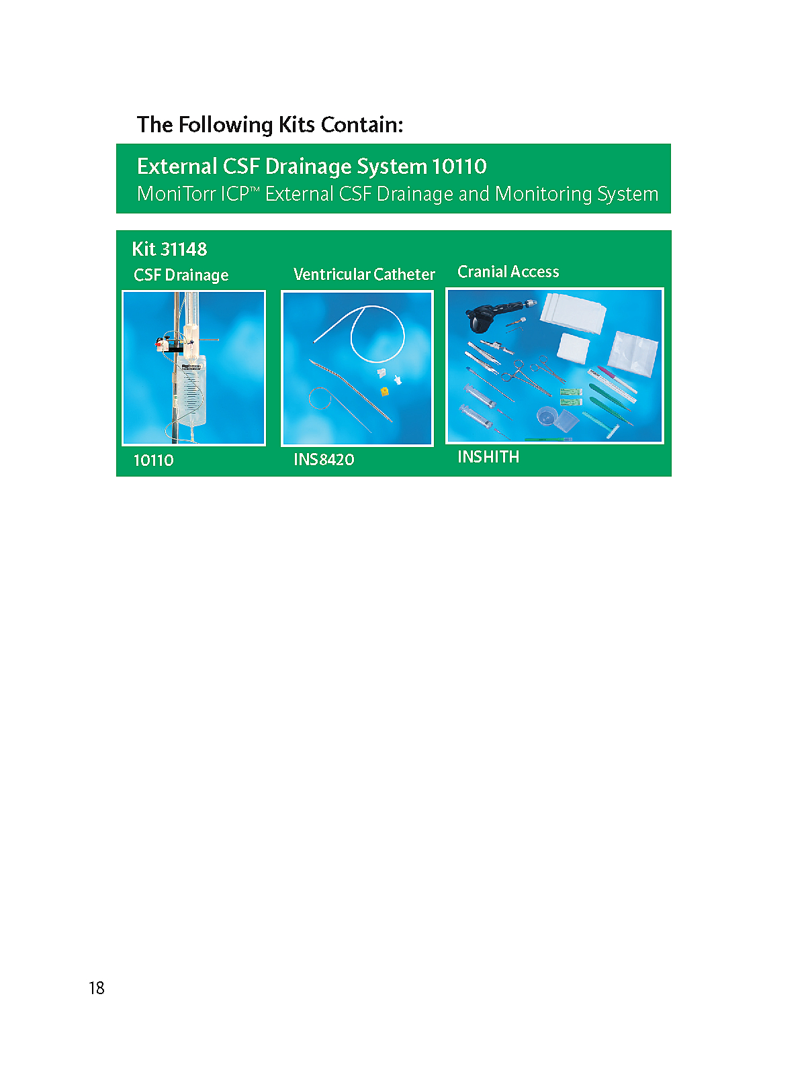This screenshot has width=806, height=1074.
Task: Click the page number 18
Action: [x=97, y=988]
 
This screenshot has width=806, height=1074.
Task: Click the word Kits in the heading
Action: [x=296, y=124]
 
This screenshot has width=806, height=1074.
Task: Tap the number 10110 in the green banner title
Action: [x=459, y=166]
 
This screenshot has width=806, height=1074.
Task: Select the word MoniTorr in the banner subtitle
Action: [x=176, y=194]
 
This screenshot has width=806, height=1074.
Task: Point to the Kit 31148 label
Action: [x=169, y=249]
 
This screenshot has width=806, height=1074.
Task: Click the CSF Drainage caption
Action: [x=181, y=275]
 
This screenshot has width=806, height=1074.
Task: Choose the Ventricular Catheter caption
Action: [x=364, y=274]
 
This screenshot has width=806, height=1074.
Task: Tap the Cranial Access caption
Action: [x=508, y=272]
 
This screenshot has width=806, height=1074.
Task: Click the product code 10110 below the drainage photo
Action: [x=154, y=460]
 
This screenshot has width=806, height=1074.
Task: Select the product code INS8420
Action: [x=324, y=459]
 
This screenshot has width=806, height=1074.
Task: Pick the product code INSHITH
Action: [x=488, y=456]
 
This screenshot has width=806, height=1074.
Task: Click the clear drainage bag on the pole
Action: [x=191, y=391]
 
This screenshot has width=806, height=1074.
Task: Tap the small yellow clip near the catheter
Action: [x=385, y=391]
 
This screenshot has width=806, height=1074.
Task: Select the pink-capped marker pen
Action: [x=617, y=379]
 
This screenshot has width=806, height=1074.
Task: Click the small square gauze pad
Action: [x=573, y=348]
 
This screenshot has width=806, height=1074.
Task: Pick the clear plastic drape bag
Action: [x=634, y=353]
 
